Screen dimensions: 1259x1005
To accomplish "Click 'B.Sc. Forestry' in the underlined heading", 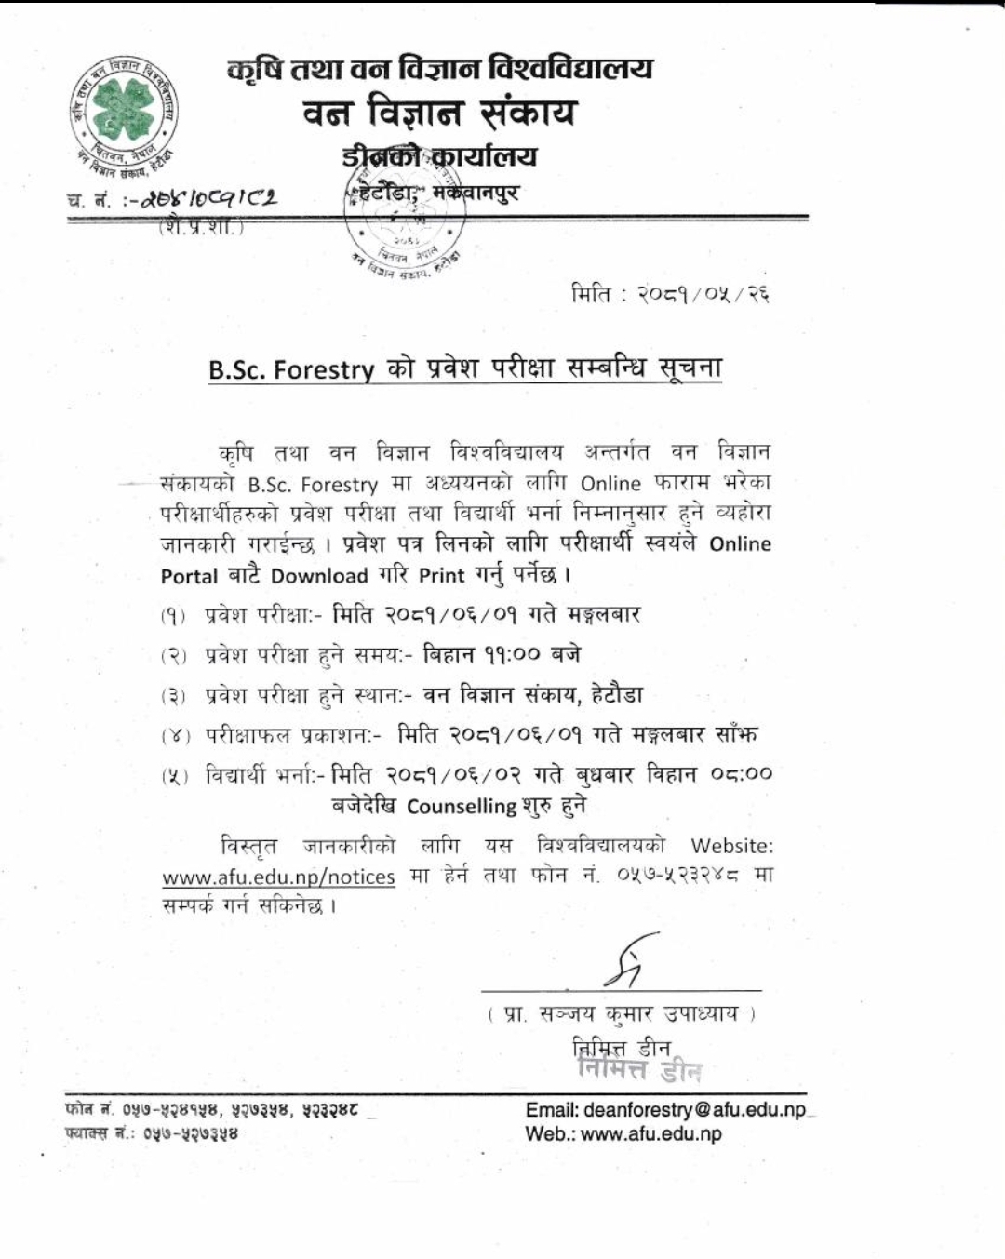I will pos(290,369).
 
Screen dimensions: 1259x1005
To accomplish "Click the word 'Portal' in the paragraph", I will pos(189,576).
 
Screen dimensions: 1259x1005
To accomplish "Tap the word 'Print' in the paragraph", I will pos(441,576).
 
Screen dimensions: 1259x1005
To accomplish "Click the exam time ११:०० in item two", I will pos(511,655).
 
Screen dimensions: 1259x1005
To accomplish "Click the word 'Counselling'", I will pos(462,806).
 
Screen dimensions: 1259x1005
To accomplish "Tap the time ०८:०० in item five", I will pos(741,774).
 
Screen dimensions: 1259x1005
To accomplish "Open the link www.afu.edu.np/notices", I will pos(278,877).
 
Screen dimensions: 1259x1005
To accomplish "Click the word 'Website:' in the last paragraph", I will pos(731,846).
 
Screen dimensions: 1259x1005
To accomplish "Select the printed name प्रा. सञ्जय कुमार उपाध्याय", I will pos(622,1013).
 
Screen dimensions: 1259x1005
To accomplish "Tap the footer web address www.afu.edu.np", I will pos(650,1133).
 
